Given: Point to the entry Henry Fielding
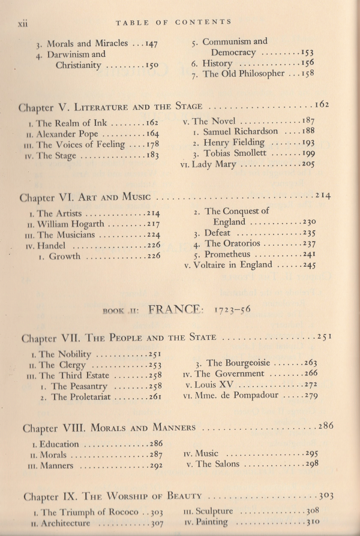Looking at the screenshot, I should (233, 143).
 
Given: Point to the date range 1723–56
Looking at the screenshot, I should (233, 311).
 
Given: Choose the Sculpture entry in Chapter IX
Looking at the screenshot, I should (223, 511).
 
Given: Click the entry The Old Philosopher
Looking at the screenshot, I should (235, 74).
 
